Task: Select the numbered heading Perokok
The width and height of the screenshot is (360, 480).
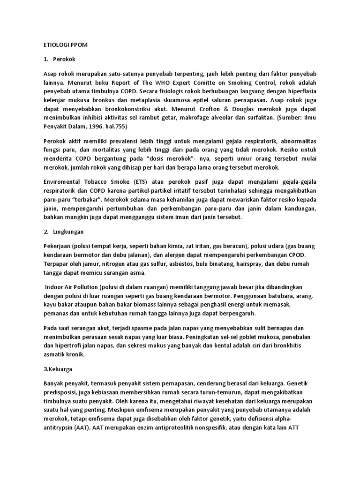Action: point(65,60)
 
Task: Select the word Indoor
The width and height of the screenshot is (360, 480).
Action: point(55,287)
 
